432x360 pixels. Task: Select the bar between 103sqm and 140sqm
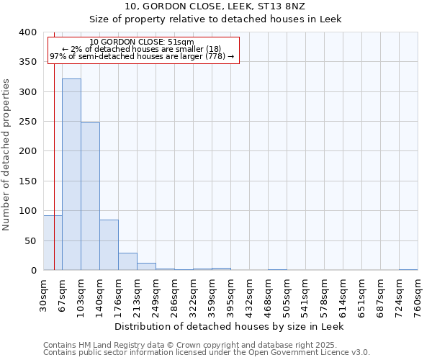(90, 197)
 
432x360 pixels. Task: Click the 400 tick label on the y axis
(28, 32)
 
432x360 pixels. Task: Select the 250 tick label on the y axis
(28, 122)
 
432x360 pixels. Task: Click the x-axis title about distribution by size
(230, 326)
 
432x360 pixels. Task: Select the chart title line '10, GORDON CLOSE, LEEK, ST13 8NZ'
(215, 6)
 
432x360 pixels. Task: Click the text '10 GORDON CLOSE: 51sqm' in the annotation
(142, 42)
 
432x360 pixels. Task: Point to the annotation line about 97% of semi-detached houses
(142, 56)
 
